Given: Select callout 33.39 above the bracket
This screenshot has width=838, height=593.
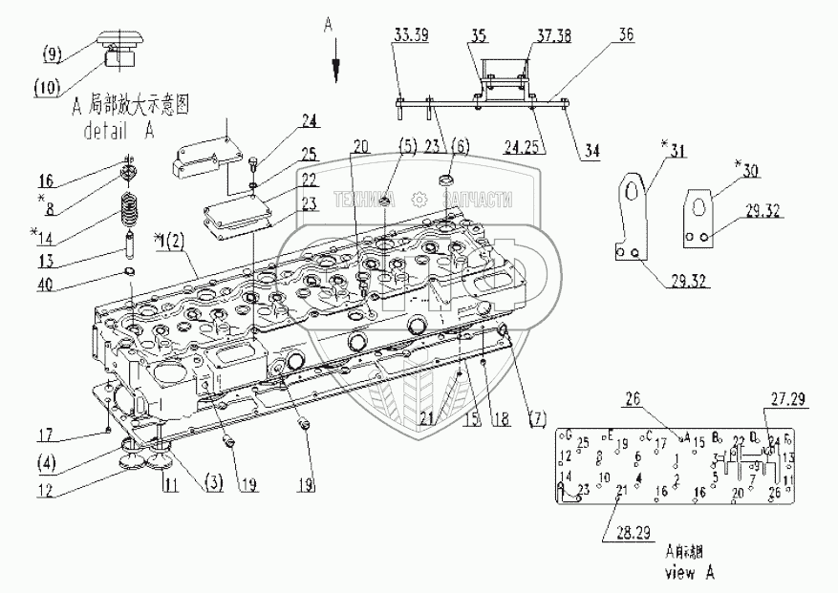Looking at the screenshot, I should tap(411, 35).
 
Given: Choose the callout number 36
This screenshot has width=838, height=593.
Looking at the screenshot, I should tap(626, 35).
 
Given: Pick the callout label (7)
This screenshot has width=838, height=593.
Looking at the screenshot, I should tap(539, 418).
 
